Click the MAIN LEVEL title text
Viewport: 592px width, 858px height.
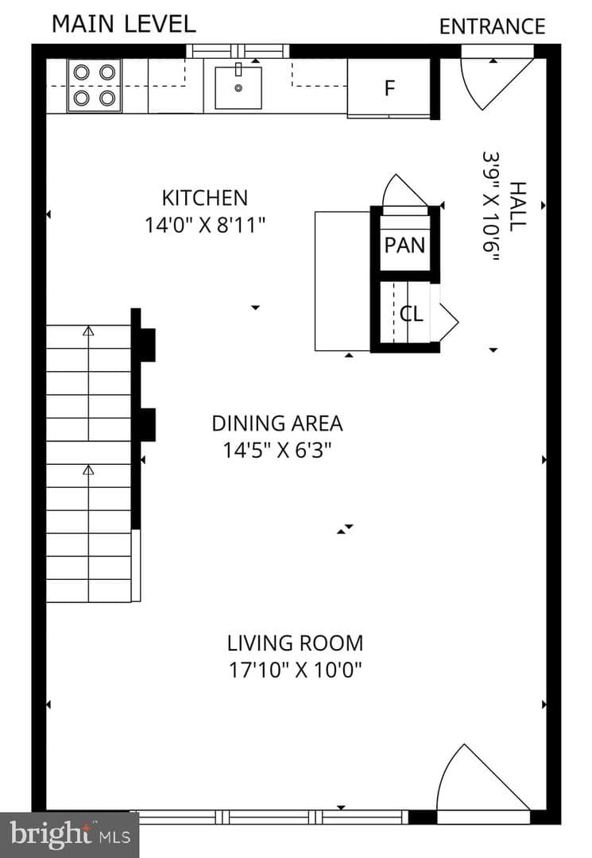124,24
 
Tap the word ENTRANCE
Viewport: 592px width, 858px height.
493,27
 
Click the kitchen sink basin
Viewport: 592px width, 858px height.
238,87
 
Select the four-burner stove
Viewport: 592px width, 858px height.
94,85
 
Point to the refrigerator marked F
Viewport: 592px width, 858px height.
389,87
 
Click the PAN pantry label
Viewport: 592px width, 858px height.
405,245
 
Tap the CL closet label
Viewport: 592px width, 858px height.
412,314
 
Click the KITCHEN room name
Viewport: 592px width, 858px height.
205,198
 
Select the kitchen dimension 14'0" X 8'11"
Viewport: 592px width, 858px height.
205,225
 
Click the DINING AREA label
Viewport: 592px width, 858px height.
277,423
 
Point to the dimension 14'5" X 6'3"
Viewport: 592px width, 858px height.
277,450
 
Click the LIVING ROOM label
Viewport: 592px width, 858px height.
296,643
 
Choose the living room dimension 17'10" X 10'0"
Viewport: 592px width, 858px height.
296,670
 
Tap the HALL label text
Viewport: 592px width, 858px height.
517,207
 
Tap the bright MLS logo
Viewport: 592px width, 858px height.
69,835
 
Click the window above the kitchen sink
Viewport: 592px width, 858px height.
238,51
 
